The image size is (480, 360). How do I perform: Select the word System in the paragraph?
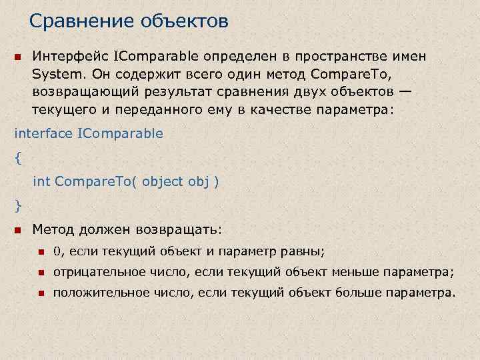(x=55, y=74)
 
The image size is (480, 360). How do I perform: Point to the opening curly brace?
(x=17, y=157)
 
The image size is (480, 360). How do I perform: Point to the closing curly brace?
(x=17, y=203)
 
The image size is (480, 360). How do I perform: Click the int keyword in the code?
(x=41, y=181)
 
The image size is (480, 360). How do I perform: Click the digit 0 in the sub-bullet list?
(x=57, y=251)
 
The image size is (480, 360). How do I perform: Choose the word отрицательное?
(x=93, y=272)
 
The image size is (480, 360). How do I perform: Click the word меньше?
(x=375, y=272)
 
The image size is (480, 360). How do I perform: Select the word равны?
(x=305, y=251)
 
